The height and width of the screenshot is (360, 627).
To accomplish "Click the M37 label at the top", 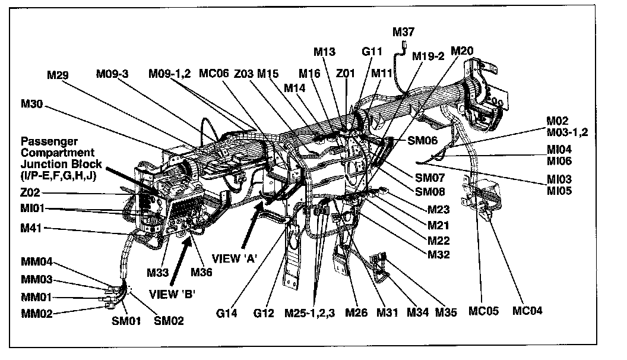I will coord(403,31).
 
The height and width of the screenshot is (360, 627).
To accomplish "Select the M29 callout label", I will coord(58,75).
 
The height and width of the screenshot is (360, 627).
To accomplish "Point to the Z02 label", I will coord(31,194).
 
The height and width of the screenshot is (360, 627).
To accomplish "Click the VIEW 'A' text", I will coord(242,259).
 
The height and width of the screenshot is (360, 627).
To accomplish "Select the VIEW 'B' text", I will coord(172,293).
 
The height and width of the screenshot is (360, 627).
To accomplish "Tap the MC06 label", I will coord(213,74).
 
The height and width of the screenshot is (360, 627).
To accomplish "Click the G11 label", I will coord(373,52).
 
